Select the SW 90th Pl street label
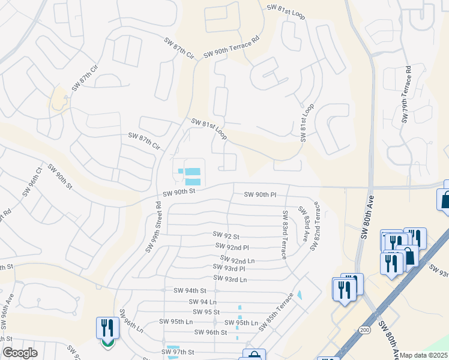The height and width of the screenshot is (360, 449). point(260,195)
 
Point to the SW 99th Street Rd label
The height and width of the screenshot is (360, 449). point(154,226)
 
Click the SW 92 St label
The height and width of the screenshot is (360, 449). point(226,236)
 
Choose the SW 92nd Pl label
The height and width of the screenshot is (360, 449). point(232,247)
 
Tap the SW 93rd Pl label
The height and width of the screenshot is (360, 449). point(229,268)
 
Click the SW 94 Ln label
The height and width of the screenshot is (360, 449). point(202,302)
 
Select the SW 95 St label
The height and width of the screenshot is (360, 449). point(206,312)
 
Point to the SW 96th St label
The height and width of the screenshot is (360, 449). point(208,332)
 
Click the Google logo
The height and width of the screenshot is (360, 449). point(20,353)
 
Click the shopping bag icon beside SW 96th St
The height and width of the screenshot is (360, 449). point(253,356)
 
